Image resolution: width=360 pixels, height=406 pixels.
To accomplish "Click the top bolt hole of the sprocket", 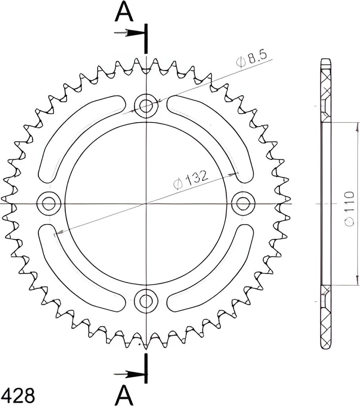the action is tap(146, 105).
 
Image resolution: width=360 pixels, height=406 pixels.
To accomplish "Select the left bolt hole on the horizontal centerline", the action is tap(49, 203).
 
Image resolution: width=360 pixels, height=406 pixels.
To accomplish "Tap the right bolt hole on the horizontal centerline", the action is tap(243, 203).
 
